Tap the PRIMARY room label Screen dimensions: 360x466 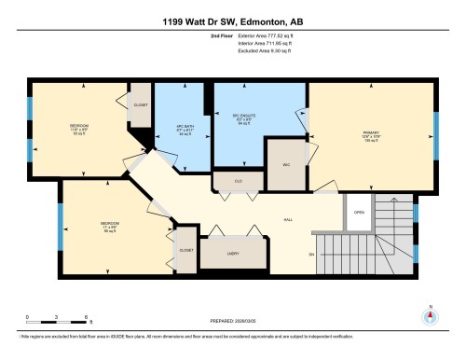pos(371,132)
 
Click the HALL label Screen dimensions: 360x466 pos(289,220)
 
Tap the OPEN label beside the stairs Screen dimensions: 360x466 pos(359,211)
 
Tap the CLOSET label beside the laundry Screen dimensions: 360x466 pos(185,251)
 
